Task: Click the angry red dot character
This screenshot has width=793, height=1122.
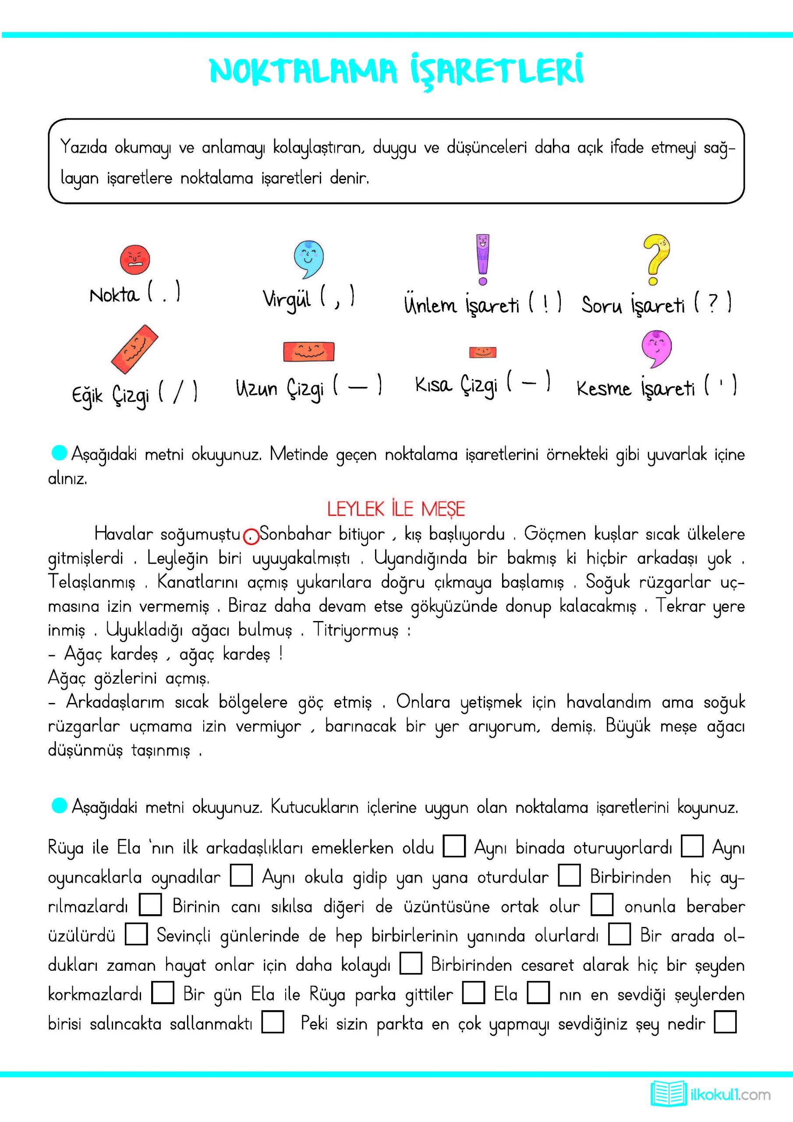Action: point(135,259)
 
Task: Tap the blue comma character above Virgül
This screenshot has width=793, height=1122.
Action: point(308,259)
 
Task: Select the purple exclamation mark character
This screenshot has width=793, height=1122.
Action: point(482,259)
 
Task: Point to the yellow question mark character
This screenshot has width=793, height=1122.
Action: point(656,259)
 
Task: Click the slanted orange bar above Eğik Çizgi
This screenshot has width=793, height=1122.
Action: point(135,348)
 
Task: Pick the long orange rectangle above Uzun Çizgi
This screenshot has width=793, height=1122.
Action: point(309,351)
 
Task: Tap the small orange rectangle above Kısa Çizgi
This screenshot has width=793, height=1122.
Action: point(483,352)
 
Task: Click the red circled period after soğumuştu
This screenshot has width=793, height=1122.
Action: point(251,536)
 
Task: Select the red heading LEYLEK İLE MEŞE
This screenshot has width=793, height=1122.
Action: point(396,509)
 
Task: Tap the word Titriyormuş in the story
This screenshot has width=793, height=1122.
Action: point(355,630)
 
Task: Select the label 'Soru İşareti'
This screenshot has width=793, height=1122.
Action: point(633,305)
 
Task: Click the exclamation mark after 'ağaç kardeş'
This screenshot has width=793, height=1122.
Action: point(281,653)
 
